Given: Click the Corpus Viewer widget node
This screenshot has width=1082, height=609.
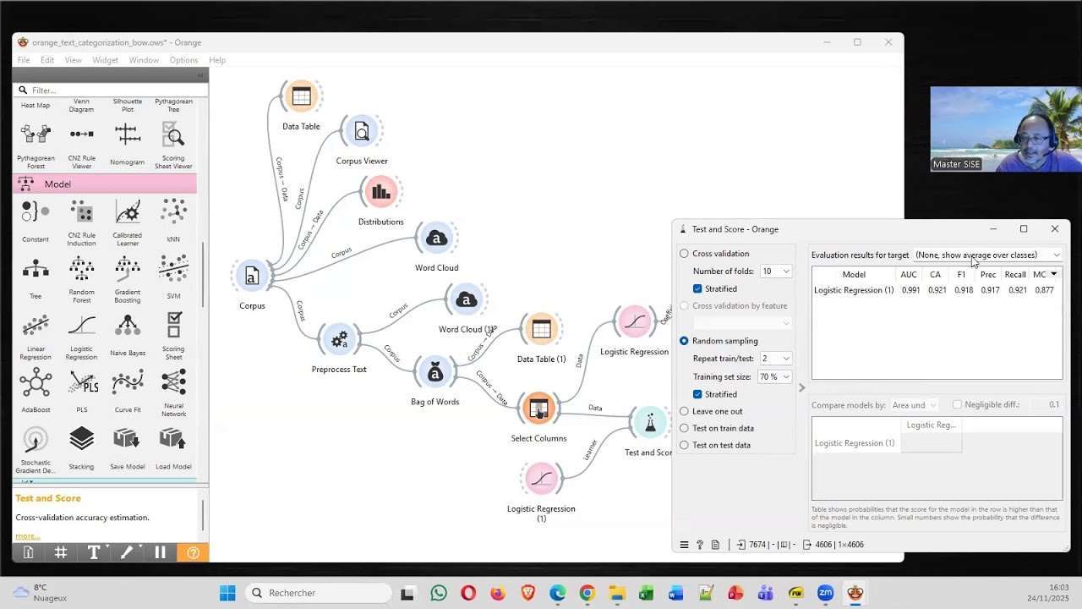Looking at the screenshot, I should point(362,132).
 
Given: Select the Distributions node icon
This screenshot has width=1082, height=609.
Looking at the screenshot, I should point(380,192).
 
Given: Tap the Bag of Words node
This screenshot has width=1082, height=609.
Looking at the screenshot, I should point(434,373).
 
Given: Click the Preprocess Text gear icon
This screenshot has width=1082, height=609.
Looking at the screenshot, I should point(339,340).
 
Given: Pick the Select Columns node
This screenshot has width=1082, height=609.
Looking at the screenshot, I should point(538,409).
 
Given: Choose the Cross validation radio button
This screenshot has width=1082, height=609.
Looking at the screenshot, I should point(685,254).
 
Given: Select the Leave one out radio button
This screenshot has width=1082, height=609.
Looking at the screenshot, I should point(685,411).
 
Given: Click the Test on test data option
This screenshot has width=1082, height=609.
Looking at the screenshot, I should point(685,445).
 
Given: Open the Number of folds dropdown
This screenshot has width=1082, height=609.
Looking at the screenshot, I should point(775,272).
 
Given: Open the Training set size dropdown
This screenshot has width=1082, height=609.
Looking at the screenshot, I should point(775,376).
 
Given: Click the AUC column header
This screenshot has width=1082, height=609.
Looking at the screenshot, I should point(909,274).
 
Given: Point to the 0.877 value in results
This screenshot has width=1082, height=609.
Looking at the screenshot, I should point(1044,290).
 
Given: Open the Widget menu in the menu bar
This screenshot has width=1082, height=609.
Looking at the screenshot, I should point(105,60).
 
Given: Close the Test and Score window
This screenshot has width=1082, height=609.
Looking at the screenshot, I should point(1055,229).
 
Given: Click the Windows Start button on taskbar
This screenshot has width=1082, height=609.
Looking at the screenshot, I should point(227,593).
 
